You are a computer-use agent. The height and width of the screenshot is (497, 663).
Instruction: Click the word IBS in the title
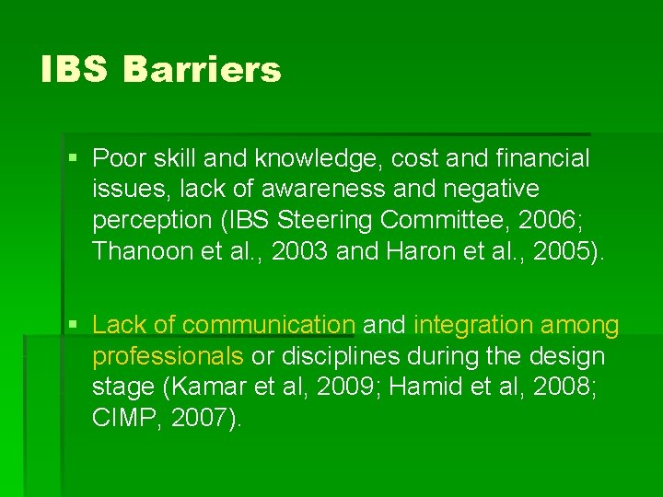pos(75,70)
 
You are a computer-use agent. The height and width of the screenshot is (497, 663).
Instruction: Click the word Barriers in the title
pos(202,70)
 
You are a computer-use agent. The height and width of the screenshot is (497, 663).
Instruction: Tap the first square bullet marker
pos(74,159)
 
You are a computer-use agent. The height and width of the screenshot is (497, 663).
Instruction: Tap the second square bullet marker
pos(74,325)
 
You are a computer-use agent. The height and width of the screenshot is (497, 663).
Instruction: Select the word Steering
pos(317,220)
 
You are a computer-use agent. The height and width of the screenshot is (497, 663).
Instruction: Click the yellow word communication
pos(268,325)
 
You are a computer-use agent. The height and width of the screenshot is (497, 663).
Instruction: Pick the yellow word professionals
pos(168,356)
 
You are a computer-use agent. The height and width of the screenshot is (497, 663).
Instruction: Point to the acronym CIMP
pos(119,418)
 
